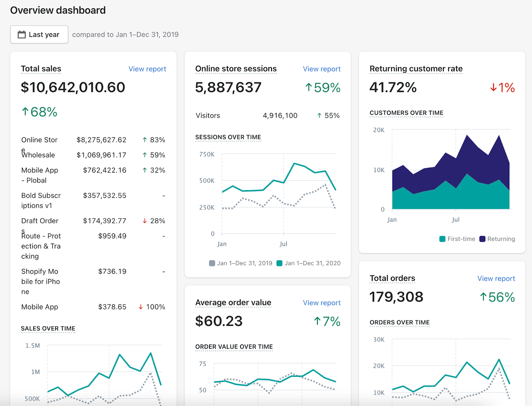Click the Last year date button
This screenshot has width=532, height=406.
pos(39,35)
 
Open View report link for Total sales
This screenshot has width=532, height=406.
pos(147,69)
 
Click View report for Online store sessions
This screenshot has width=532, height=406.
pos(322,69)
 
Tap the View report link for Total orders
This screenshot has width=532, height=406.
pos(496,279)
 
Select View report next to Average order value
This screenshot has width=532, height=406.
pos(322,303)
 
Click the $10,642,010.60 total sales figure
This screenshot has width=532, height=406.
pos(73,87)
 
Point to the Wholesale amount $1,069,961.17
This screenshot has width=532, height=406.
pos(101,155)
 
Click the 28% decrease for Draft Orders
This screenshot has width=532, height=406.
pos(154,221)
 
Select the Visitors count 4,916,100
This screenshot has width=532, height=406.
pos(280,116)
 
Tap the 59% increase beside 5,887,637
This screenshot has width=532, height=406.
pos(323,88)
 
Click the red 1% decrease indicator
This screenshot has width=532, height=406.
pos(502,88)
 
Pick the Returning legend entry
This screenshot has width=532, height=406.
pos(497,239)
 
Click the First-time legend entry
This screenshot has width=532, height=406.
pos(457,239)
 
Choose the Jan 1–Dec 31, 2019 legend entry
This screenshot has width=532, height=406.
pos(241,263)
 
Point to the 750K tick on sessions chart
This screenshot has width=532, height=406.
pos(207,154)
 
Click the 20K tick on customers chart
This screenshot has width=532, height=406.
pos(379,130)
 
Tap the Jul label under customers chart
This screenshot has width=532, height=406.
pos(456,220)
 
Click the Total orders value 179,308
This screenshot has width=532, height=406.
pos(396,297)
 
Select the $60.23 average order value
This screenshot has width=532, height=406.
pos(219,321)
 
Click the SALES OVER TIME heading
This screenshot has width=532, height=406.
pos(48,329)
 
